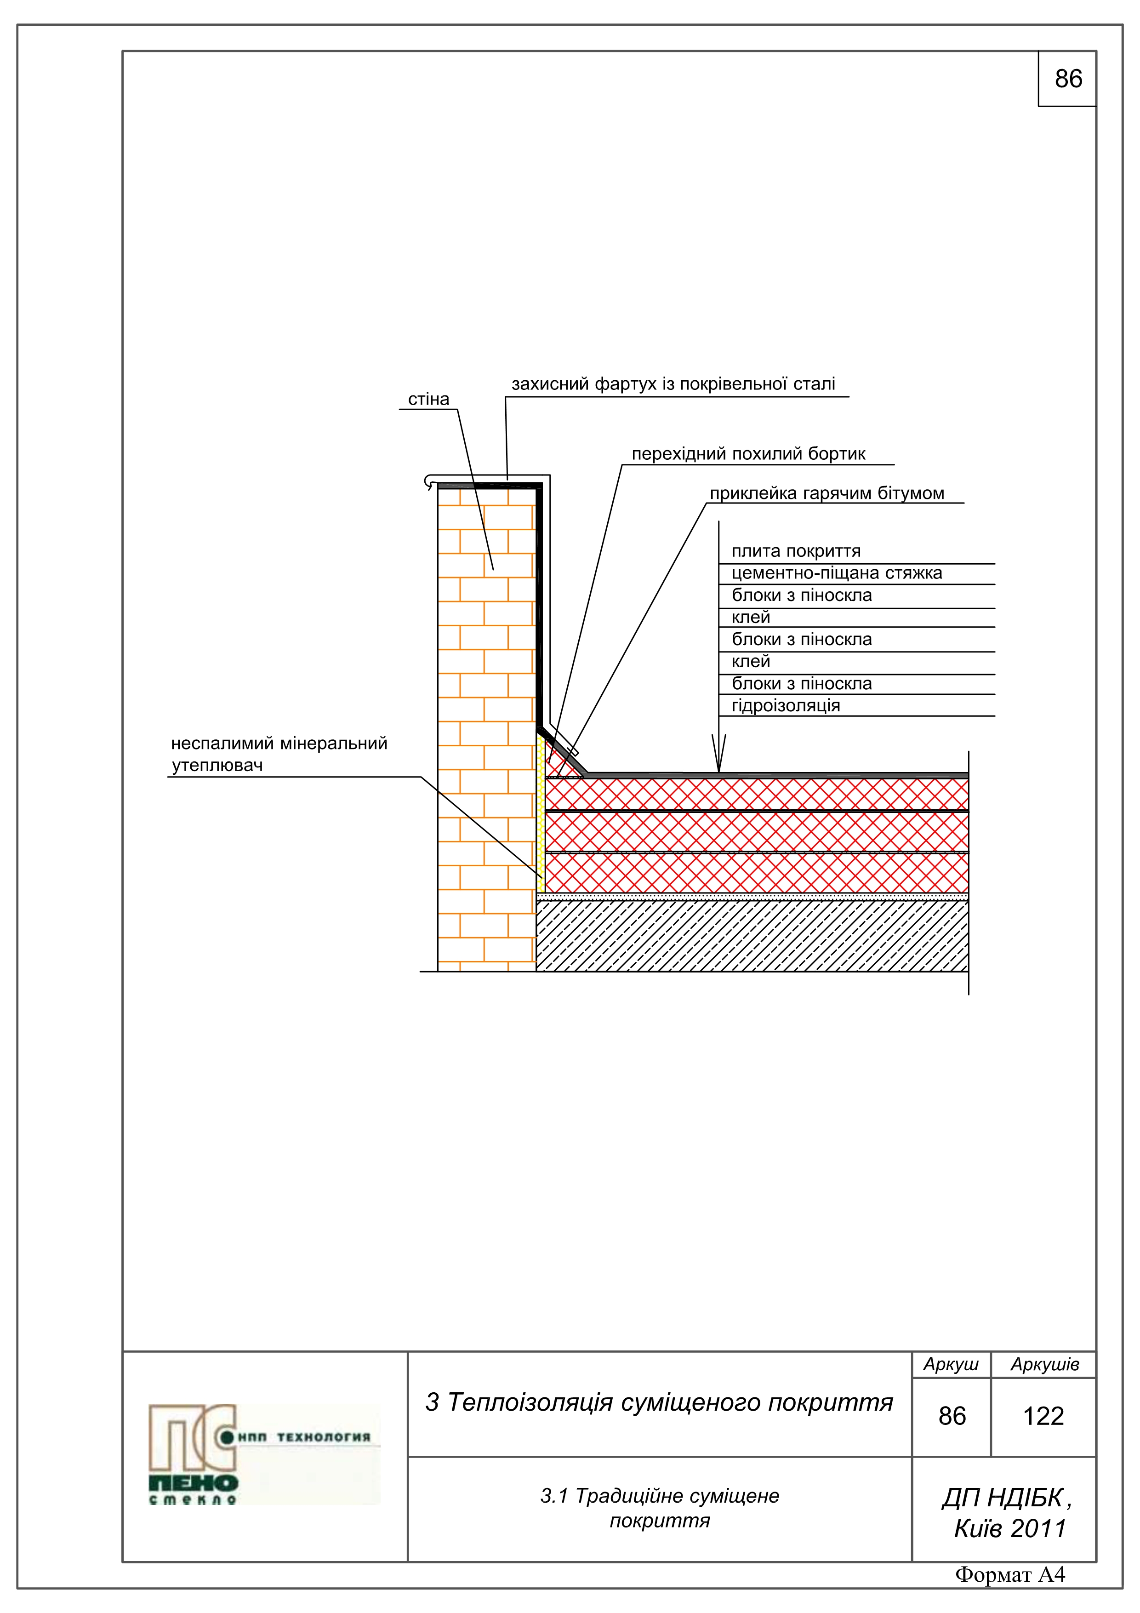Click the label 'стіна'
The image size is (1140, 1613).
428,399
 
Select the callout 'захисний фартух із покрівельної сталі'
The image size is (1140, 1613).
673,384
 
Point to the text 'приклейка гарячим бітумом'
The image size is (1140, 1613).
826,493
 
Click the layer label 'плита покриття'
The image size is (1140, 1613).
796,551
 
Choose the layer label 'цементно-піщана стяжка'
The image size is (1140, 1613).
837,573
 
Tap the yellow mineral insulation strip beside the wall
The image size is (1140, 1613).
541,815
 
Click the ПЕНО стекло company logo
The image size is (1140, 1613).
263,1455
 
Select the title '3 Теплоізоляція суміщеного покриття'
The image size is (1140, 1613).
659,1402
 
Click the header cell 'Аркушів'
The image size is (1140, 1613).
1044,1364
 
